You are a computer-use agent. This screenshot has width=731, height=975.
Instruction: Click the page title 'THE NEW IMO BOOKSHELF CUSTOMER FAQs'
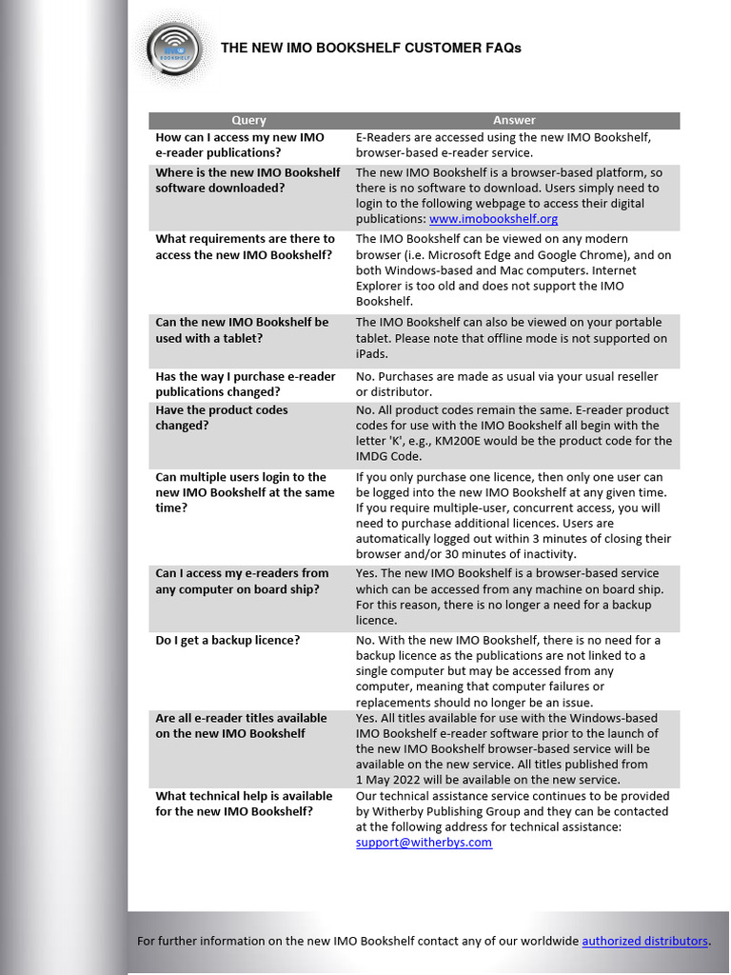pos(370,48)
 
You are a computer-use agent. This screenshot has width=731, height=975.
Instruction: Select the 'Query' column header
pos(248,120)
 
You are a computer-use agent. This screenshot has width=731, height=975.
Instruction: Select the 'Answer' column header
pos(514,120)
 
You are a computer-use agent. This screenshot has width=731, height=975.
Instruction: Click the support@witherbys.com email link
pos(424,843)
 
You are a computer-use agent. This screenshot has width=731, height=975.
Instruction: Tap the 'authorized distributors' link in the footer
pos(644,941)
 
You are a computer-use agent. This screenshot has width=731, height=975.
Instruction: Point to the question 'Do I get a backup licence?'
pos(227,640)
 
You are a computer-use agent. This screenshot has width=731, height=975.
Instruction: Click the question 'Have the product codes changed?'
pos(222,417)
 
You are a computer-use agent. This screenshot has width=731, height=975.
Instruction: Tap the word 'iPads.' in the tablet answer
pos(371,353)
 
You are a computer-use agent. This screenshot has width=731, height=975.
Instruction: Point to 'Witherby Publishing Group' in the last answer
pos(445,811)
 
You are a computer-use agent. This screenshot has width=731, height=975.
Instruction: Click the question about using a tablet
pos(242,329)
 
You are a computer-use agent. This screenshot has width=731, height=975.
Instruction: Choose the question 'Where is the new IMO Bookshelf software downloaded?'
pos(247,180)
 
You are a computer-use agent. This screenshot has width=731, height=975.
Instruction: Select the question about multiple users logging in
pos(245,492)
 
